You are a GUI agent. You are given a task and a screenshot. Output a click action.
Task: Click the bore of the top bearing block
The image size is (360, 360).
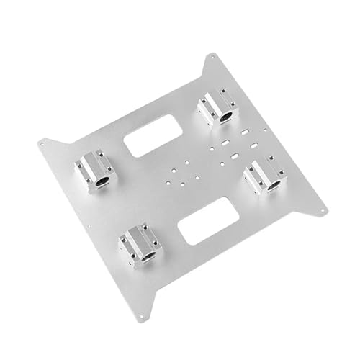pyautogui.click(x=228, y=115)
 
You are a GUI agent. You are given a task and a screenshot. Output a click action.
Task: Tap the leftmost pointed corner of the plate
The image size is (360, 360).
pyautogui.click(x=40, y=142)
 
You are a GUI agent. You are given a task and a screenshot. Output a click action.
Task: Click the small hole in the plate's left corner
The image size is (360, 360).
pyautogui.click(x=45, y=143)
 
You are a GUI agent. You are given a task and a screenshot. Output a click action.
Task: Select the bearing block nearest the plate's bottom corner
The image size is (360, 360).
pyautogui.click(x=141, y=246)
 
